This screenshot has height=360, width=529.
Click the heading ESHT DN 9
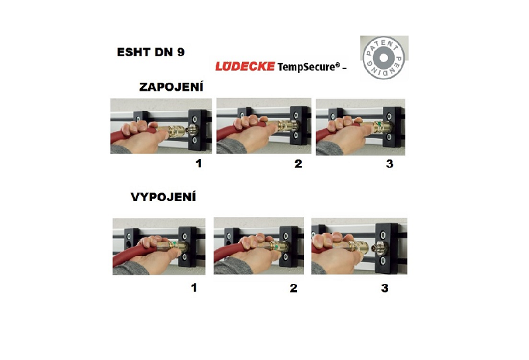[151, 52]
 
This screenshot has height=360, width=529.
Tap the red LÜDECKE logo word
[245, 66]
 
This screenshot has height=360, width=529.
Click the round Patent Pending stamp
[384, 58]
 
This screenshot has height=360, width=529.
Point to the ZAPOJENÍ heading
[171, 87]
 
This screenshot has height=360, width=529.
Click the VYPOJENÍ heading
[163, 197]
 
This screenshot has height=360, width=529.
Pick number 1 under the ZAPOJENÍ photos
[199, 163]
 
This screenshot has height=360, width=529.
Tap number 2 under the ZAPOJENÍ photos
[298, 164]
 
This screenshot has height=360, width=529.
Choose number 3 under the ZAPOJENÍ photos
[389, 164]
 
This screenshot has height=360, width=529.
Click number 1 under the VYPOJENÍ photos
[194, 288]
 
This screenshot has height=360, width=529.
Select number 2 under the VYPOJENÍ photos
[294, 288]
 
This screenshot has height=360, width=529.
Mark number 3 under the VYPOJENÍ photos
[385, 288]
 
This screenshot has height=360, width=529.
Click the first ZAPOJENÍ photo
[161, 126]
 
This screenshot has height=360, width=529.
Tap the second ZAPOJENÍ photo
[264, 126]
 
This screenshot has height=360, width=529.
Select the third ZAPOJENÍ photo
[360, 127]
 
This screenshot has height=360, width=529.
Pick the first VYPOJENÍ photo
[159, 247]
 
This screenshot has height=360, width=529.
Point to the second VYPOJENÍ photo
[259, 246]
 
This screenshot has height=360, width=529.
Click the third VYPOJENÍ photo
[359, 246]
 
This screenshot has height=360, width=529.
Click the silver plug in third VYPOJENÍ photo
[376, 248]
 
